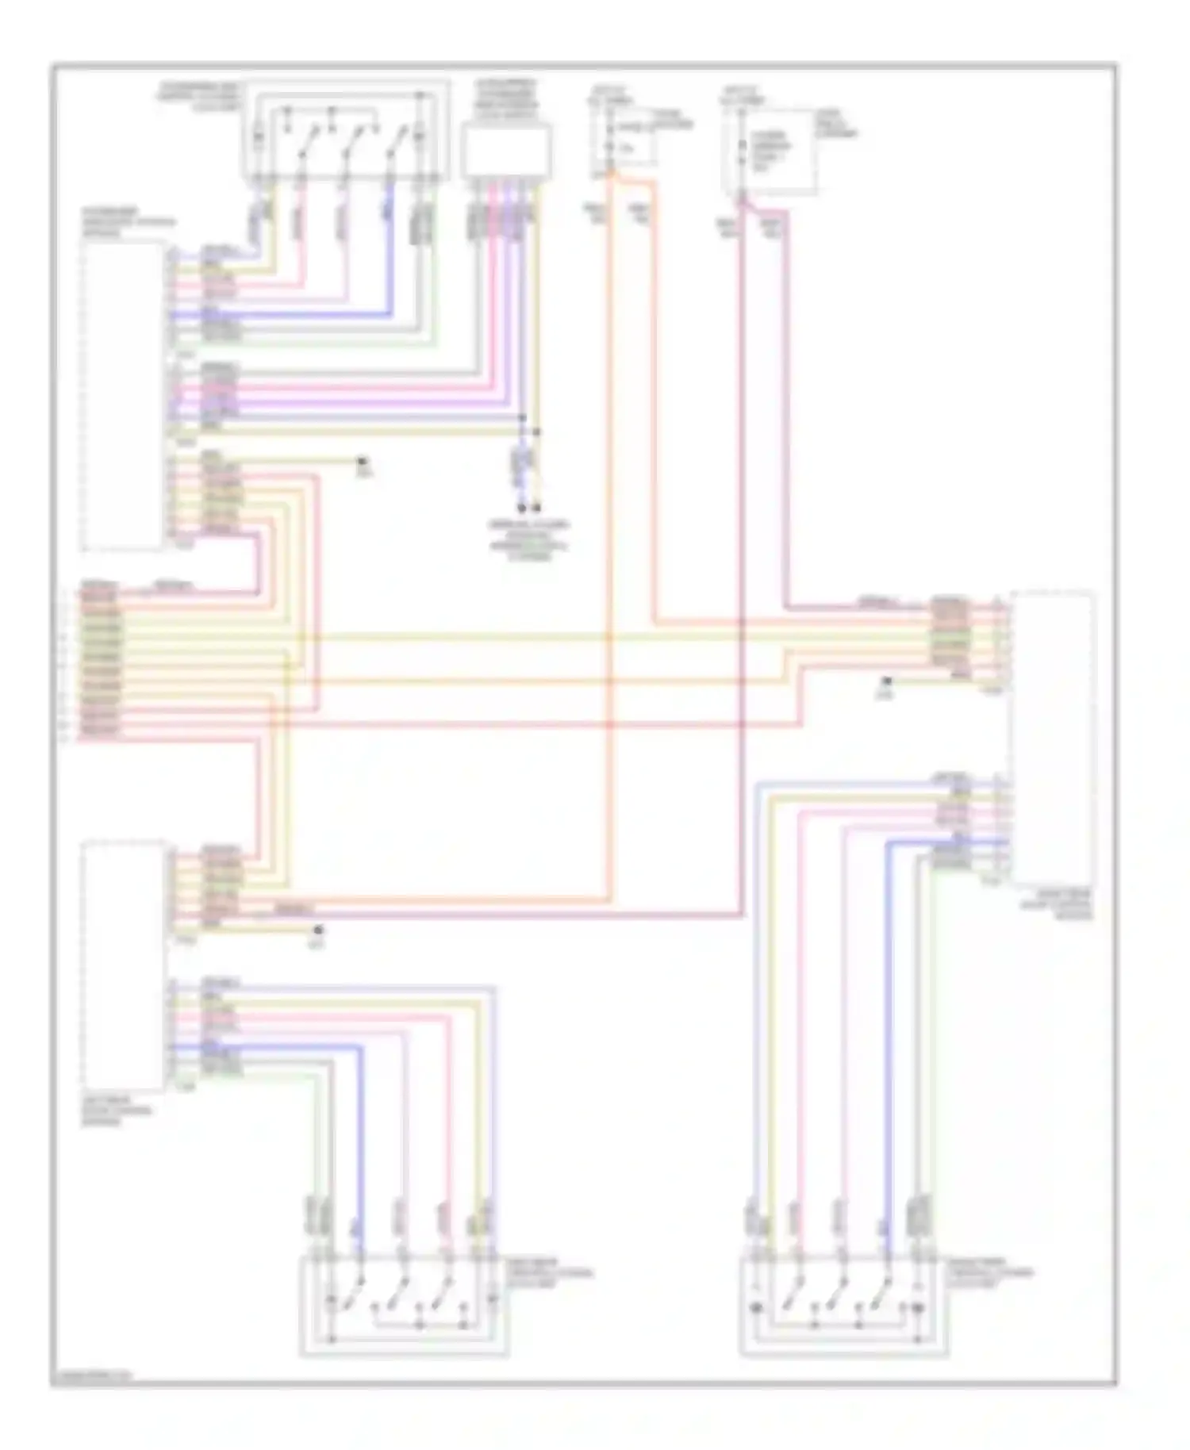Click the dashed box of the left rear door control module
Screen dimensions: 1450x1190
pyautogui.click(x=123, y=965)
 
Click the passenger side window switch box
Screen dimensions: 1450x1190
pyautogui.click(x=345, y=131)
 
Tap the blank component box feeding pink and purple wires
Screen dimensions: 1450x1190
pyautogui.click(x=506, y=151)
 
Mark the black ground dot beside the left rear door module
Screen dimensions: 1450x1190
pyautogui.click(x=318, y=930)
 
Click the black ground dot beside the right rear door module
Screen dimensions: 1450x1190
pyautogui.click(x=888, y=681)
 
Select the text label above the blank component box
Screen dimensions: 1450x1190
pyautogui.click(x=506, y=95)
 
